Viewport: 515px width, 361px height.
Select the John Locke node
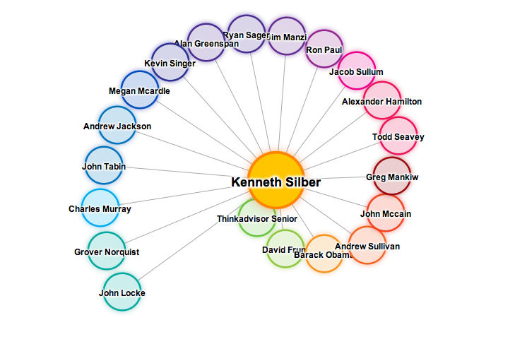click(122, 292)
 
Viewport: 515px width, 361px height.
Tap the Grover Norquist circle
click(107, 251)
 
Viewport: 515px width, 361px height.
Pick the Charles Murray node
click(100, 208)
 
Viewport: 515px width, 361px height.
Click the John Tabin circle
click(104, 165)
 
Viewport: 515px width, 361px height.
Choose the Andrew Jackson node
click(117, 125)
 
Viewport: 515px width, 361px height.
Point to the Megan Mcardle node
click(140, 90)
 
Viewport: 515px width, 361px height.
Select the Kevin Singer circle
click(170, 62)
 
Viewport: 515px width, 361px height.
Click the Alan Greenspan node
click(206, 42)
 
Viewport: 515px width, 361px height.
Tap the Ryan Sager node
click(246, 33)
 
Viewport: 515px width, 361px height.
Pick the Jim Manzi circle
click(287, 36)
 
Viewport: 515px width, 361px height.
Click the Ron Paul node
click(324, 49)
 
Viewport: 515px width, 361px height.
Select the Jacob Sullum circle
click(356, 71)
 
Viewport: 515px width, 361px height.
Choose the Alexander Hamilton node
click(381, 100)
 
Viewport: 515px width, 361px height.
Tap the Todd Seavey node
click(398, 136)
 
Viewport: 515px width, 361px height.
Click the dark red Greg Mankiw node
click(392, 176)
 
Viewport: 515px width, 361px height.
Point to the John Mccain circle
click(386, 213)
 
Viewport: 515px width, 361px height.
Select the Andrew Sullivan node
click(367, 245)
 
